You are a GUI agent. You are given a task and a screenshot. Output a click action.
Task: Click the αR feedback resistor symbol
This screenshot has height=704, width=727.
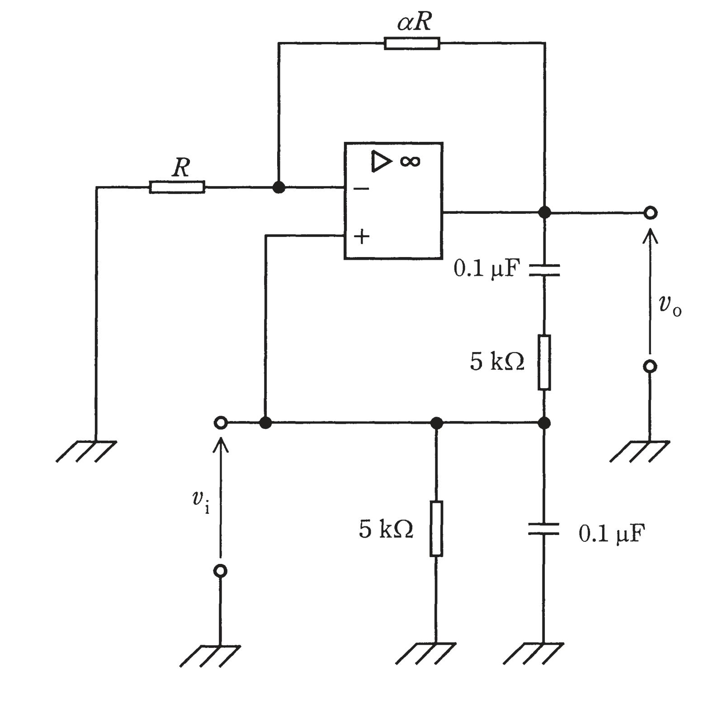click(412, 43)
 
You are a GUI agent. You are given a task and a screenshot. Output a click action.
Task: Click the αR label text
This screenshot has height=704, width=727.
click(415, 22)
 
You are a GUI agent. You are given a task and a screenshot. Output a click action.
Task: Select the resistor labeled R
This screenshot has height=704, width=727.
click(177, 187)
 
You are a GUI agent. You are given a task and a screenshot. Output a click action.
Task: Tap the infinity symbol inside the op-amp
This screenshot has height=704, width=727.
click(410, 161)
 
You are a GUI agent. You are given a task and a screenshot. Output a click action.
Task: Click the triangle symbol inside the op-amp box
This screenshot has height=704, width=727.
click(381, 162)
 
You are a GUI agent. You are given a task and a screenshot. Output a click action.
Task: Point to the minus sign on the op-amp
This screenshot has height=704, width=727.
click(361, 188)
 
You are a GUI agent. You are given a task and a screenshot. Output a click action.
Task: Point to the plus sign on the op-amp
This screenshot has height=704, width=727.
click(362, 236)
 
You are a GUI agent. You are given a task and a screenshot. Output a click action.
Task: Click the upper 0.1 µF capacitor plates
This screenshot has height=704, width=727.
click(544, 270)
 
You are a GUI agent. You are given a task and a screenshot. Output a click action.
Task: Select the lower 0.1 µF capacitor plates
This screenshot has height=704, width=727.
click(544, 529)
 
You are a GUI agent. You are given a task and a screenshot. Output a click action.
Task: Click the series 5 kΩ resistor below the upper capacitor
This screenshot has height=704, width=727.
click(544, 362)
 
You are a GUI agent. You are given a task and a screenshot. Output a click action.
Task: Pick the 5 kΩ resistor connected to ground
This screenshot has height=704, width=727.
click(436, 528)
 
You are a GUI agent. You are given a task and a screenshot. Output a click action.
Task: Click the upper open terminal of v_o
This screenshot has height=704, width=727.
click(650, 212)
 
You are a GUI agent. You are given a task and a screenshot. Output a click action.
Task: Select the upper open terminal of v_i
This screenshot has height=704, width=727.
click(221, 423)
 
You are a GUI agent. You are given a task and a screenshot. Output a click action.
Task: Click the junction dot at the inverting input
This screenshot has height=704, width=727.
click(279, 187)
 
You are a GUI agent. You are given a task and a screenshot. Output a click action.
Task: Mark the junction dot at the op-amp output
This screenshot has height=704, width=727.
click(545, 212)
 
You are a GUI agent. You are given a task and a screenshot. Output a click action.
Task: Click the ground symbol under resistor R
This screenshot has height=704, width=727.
click(86, 451)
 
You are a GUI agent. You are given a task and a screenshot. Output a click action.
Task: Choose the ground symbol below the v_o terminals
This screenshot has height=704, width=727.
click(640, 451)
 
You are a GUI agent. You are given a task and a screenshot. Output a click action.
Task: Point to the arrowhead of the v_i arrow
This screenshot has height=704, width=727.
click(221, 444)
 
